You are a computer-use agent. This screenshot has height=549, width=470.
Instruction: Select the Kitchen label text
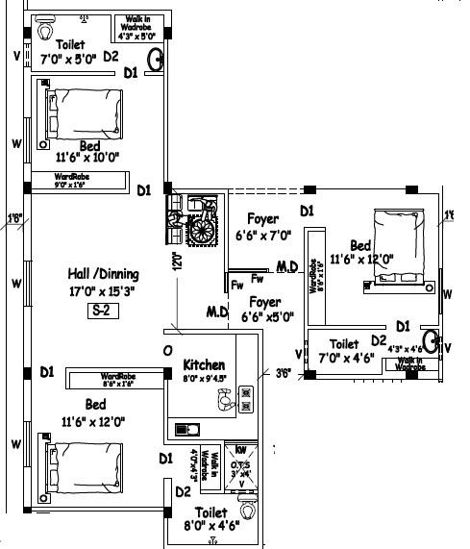(x=204, y=365)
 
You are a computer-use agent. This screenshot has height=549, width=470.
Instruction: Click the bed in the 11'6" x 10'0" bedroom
(x=81, y=113)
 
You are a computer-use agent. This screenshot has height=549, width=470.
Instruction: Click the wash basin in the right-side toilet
(x=432, y=340)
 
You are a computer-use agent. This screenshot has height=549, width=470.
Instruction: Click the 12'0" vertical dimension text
(x=177, y=261)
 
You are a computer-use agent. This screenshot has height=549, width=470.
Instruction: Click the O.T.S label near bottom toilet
(x=242, y=465)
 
